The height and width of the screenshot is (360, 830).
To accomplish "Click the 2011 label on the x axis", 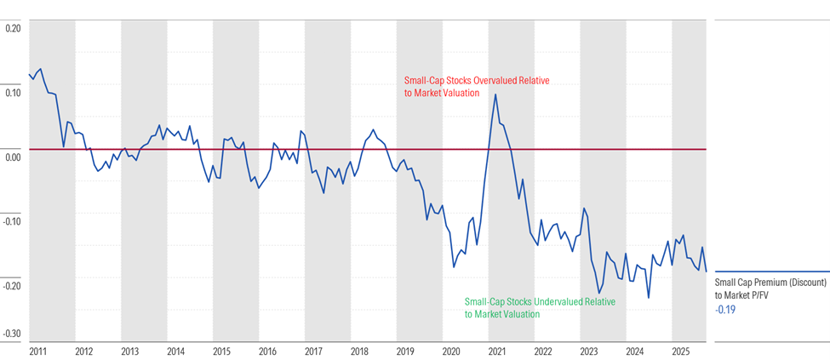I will point(37,351).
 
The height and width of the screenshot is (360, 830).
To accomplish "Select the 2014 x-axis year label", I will point(175,351).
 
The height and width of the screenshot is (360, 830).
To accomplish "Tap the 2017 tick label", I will point(313,351).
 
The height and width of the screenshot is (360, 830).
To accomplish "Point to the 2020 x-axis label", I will point(451,351).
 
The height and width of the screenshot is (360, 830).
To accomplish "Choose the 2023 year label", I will point(589,351).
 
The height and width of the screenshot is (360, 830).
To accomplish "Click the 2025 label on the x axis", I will point(681,351).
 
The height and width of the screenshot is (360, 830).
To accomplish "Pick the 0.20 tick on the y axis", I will point(13,28).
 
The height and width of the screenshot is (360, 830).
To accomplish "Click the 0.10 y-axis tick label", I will point(13,93).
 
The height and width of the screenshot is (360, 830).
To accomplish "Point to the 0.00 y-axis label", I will point(13,157).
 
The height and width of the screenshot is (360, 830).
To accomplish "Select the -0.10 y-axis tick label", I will point(12,222).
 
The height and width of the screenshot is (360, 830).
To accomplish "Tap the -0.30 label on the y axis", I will point(12,334).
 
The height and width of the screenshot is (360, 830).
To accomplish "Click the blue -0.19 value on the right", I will point(725,310).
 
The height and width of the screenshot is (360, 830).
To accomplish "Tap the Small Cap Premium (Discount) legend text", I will point(770,283).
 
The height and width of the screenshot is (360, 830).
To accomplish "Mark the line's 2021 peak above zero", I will point(495,94).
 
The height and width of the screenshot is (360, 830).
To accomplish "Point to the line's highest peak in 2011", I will point(40,69).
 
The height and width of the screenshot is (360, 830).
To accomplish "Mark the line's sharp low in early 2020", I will point(454,266).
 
